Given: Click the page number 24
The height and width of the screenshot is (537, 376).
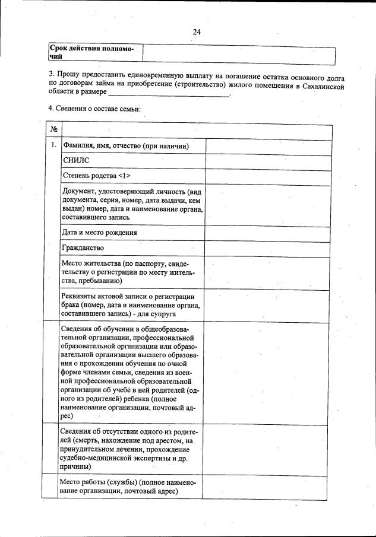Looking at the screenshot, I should pyautogui.click(x=197, y=32).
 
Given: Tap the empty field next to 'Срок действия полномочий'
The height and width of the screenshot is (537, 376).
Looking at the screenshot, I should pyautogui.click(x=239, y=53).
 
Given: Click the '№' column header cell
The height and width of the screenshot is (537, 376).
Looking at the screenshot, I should pyautogui.click(x=53, y=129).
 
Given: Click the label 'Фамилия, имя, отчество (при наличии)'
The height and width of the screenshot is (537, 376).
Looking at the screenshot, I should pyautogui.click(x=125, y=147).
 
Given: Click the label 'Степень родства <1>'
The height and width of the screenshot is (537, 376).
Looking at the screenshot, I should pyautogui.click(x=96, y=176).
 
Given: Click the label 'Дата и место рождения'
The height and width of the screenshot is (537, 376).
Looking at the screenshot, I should pyautogui.click(x=99, y=233).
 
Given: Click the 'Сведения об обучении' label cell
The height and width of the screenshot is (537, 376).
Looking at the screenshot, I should pyautogui.click(x=132, y=373).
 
